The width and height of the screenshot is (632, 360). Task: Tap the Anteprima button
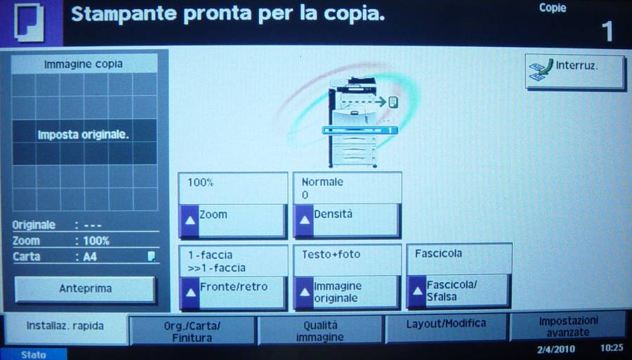(85, 288)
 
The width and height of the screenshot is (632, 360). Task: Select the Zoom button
(232, 221)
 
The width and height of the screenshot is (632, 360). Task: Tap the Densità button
(347, 220)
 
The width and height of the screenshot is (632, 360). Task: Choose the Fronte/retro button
(232, 293)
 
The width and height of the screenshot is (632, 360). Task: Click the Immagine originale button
(347, 293)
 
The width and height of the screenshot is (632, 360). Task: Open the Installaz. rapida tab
(65, 327)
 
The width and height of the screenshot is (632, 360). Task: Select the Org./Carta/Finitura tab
(192, 331)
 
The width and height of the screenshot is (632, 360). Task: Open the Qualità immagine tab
(320, 331)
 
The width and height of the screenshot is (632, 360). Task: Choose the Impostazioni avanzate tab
(568, 326)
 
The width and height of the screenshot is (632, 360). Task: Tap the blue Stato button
(34, 354)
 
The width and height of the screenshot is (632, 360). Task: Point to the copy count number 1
(607, 32)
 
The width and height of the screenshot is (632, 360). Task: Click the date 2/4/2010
(556, 349)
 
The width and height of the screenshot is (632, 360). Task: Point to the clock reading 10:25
(612, 348)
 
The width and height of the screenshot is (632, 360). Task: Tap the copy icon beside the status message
(29, 22)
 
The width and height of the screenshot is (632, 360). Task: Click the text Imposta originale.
(84, 135)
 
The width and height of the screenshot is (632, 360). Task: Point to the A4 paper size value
(90, 257)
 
